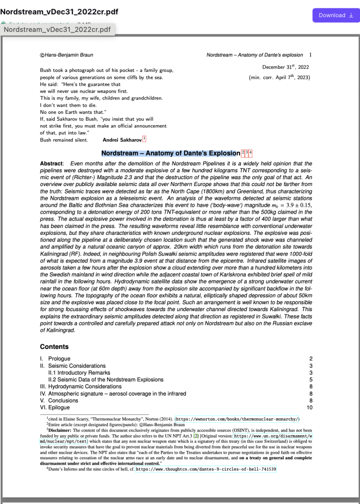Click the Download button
pos(336,15)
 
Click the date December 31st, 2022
pos(286,67)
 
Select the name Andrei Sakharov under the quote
pos(121,140)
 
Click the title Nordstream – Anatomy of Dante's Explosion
pos(170,154)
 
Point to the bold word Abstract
pos(51,163)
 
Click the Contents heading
pos(54,346)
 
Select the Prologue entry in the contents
pos(59,359)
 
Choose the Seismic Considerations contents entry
pos(77,366)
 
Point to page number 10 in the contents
pos(309,408)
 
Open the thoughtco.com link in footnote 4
pos(206,469)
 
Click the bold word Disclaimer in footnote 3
pos(63,430)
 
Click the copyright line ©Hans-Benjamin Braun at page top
pos(66,55)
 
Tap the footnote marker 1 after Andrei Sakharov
pos(144,139)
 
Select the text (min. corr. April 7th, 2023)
pos(279,77)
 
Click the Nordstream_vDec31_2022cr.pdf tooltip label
pos(57,30)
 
